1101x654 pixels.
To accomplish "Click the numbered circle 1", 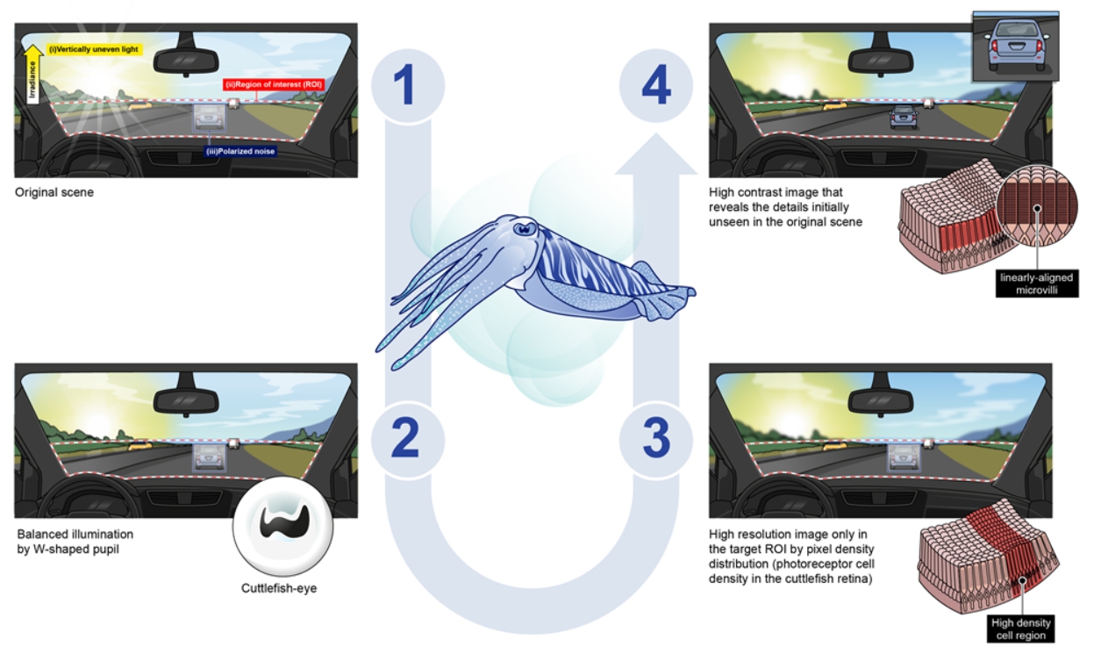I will click(x=406, y=87).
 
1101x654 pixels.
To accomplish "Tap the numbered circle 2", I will click(x=406, y=439).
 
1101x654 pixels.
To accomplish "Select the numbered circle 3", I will click(x=655, y=439).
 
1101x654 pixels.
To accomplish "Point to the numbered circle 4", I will click(x=655, y=87).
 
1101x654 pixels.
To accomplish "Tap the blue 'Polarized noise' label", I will click(x=240, y=151).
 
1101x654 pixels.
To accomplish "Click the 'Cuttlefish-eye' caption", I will click(x=279, y=587).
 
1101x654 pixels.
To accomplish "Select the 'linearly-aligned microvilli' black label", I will click(x=1036, y=283).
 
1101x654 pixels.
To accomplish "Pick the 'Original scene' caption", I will click(x=54, y=192).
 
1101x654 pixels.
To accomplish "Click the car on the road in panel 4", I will click(x=903, y=118).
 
